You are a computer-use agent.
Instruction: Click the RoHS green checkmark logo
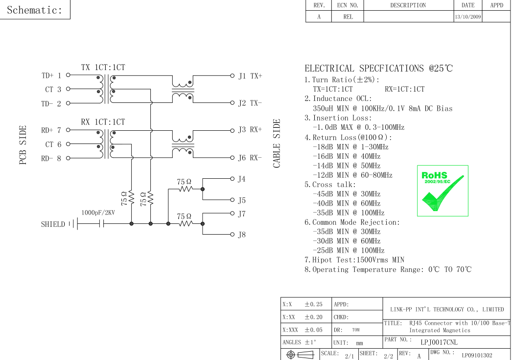[x=442, y=191]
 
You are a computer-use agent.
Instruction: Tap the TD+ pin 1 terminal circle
[x=68, y=75]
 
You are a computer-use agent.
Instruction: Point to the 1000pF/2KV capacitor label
[x=98, y=213]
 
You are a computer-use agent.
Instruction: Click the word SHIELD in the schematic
[x=53, y=224]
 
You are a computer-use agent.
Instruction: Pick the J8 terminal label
[x=242, y=235]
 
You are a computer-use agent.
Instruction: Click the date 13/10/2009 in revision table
[x=468, y=17]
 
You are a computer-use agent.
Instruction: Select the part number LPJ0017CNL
[x=439, y=342]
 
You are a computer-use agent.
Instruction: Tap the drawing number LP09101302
[x=477, y=355]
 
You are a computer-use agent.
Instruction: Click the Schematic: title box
[x=35, y=10]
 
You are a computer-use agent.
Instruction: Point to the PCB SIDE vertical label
[x=23, y=144]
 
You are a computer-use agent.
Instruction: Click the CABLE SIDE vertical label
[x=277, y=144]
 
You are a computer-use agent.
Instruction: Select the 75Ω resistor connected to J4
[x=185, y=189]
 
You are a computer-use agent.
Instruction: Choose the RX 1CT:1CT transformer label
[x=103, y=122]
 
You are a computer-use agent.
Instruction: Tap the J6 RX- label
[x=250, y=158]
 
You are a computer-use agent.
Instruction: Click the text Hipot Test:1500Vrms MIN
[x=354, y=260]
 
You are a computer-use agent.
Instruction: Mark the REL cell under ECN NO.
[x=348, y=17]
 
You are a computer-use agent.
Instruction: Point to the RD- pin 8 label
[x=51, y=158]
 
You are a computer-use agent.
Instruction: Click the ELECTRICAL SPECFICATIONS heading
[x=378, y=69]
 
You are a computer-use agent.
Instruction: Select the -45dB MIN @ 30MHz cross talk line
[x=346, y=194]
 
